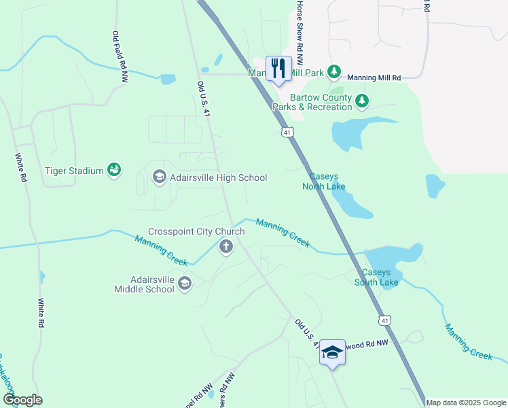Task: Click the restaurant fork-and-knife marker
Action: [278, 69]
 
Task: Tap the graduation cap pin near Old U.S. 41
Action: [332, 352]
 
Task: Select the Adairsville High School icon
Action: [159, 177]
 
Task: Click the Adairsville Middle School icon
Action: [185, 284]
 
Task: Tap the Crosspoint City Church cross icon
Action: [225, 248]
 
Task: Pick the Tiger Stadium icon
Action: [114, 171]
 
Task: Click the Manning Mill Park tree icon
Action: [333, 71]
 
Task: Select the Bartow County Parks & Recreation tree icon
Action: [362, 101]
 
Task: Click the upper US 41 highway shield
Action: [288, 131]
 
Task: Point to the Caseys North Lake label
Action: [324, 182]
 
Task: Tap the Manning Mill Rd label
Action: [374, 78]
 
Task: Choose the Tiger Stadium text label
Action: [74, 171]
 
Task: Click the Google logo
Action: [22, 400]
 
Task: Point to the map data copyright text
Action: [466, 403]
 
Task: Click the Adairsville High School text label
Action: [218, 178]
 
